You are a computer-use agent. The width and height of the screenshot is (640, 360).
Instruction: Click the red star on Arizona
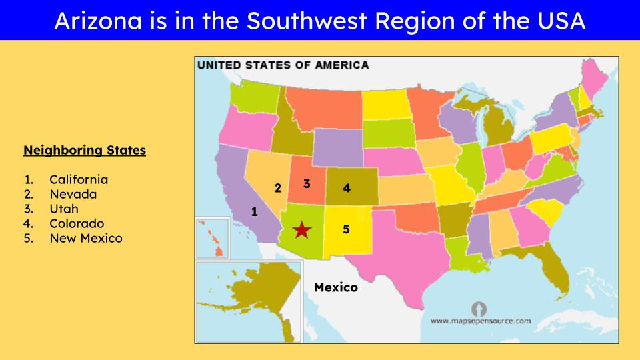point(302,230)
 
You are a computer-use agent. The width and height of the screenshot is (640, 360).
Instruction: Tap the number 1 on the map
point(254,212)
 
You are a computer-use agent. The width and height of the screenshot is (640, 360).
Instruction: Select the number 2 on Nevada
point(278,188)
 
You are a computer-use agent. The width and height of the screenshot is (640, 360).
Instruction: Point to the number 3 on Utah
point(307,183)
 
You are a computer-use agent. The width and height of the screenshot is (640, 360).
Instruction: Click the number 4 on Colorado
point(346,188)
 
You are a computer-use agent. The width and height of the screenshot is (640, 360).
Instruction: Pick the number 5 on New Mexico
point(346,229)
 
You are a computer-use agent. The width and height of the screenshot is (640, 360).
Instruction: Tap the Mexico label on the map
point(335,287)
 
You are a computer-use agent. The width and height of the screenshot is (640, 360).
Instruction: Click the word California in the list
point(79,179)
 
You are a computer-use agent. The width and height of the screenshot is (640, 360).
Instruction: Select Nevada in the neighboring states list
point(73,194)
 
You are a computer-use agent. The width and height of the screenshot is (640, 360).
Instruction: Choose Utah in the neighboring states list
point(64,209)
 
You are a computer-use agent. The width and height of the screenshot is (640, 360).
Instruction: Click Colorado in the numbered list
point(77,223)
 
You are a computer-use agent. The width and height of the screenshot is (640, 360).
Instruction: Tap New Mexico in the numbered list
point(85,238)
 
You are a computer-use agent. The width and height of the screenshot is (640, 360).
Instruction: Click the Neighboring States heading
point(85,151)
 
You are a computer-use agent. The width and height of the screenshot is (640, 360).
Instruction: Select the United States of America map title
point(283,65)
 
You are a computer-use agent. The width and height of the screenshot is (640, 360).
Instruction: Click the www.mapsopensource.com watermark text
point(480,321)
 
